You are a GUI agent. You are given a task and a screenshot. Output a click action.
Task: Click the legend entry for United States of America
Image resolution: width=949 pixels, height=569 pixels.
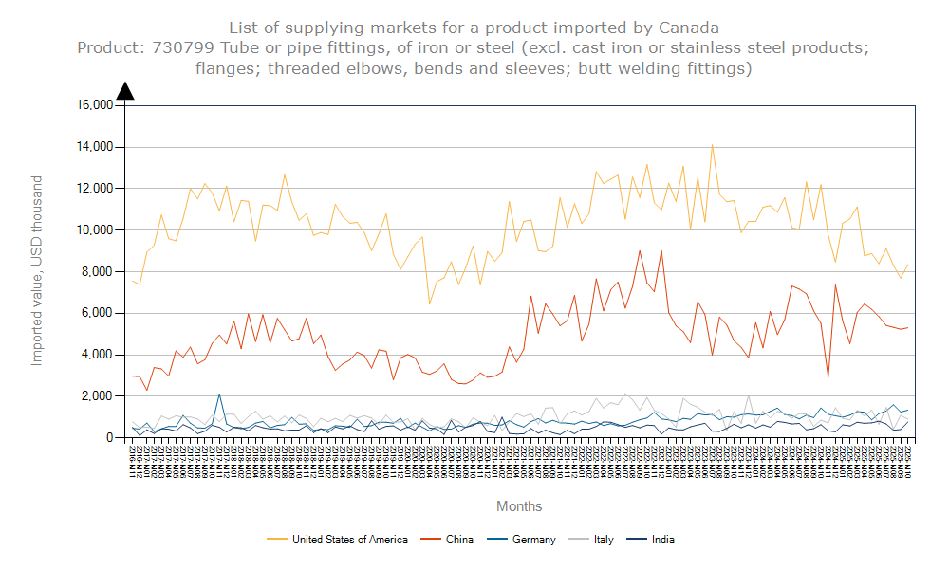point(349,540)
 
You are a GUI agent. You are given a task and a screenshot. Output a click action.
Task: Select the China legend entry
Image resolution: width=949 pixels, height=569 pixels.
point(459,540)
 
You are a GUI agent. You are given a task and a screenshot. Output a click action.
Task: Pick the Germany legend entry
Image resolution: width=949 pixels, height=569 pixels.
point(533,540)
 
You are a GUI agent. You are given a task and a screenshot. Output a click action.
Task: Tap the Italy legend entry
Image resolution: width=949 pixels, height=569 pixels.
point(604,540)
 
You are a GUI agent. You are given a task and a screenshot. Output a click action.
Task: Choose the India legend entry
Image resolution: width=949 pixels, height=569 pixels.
point(662,540)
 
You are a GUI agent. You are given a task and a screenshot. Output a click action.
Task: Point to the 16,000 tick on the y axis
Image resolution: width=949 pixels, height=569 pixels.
point(94,105)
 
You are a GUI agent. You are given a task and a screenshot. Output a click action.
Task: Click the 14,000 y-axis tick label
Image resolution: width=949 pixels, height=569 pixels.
point(94,147)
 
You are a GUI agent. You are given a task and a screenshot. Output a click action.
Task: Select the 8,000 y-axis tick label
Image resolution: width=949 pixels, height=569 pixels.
point(97,271)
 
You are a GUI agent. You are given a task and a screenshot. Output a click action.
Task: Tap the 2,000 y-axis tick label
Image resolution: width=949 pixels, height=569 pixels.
point(97,396)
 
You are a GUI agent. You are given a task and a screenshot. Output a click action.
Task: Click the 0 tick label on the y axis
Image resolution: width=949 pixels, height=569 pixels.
point(109,438)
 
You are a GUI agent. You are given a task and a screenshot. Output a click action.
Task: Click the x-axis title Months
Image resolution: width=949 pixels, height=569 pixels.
point(519,506)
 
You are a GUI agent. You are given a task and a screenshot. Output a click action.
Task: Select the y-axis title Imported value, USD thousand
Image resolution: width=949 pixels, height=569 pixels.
point(38,270)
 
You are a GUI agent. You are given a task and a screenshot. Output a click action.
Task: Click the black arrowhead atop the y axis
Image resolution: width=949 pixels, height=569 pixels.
point(125,90)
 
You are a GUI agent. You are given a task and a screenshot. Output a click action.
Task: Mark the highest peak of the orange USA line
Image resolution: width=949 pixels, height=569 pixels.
point(712,145)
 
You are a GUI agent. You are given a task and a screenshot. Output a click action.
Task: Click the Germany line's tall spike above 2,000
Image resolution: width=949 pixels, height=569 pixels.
point(219,395)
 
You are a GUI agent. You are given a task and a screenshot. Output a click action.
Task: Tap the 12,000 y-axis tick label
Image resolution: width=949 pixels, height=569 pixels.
point(94,189)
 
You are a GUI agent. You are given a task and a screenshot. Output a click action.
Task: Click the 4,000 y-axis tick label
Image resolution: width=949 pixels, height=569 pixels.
point(97,355)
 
